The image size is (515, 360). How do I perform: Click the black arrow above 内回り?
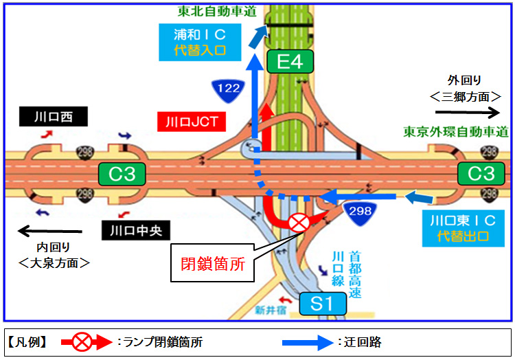click(49, 231)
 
